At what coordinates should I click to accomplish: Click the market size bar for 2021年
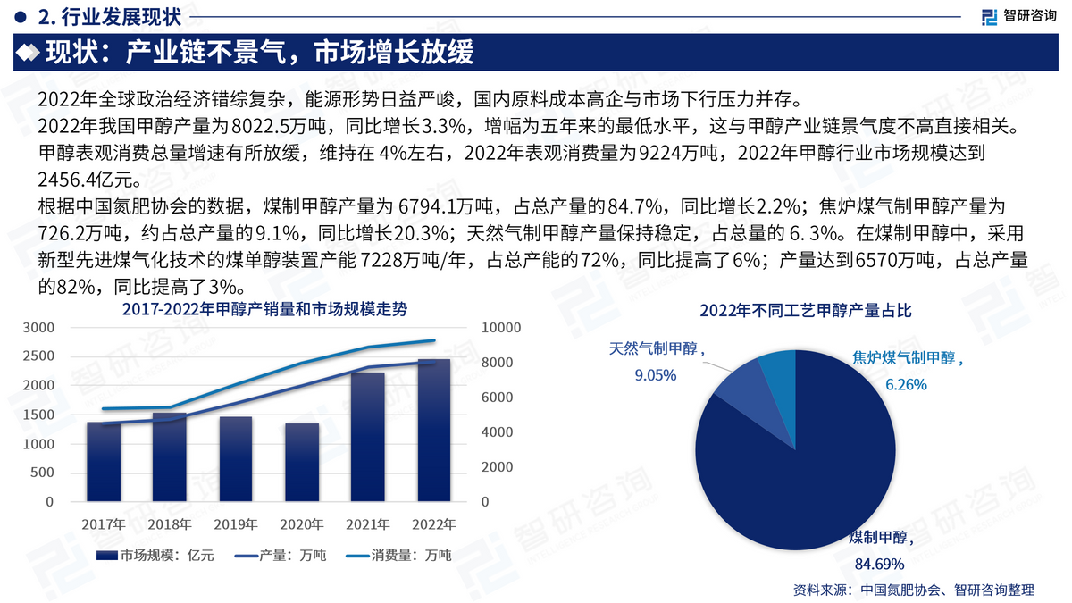(x=367, y=437)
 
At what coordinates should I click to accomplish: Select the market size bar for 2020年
(x=302, y=463)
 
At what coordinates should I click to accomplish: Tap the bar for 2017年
(x=104, y=462)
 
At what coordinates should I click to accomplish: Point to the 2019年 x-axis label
(x=236, y=524)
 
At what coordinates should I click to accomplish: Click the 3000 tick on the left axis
(x=38, y=328)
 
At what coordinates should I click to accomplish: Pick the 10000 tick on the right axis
(x=501, y=328)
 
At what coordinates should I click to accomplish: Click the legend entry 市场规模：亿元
(x=155, y=555)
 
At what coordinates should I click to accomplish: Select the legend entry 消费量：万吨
(x=398, y=555)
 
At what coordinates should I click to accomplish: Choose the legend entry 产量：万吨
(x=281, y=555)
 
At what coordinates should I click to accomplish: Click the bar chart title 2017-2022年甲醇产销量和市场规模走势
(x=264, y=309)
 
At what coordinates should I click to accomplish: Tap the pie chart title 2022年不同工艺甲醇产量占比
(x=806, y=311)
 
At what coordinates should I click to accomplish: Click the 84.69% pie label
(x=880, y=565)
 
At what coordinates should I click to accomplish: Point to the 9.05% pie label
(x=656, y=375)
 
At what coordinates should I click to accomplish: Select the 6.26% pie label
(x=906, y=384)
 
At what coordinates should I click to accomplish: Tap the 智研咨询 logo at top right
(x=1019, y=16)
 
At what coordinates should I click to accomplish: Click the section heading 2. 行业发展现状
(x=109, y=17)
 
